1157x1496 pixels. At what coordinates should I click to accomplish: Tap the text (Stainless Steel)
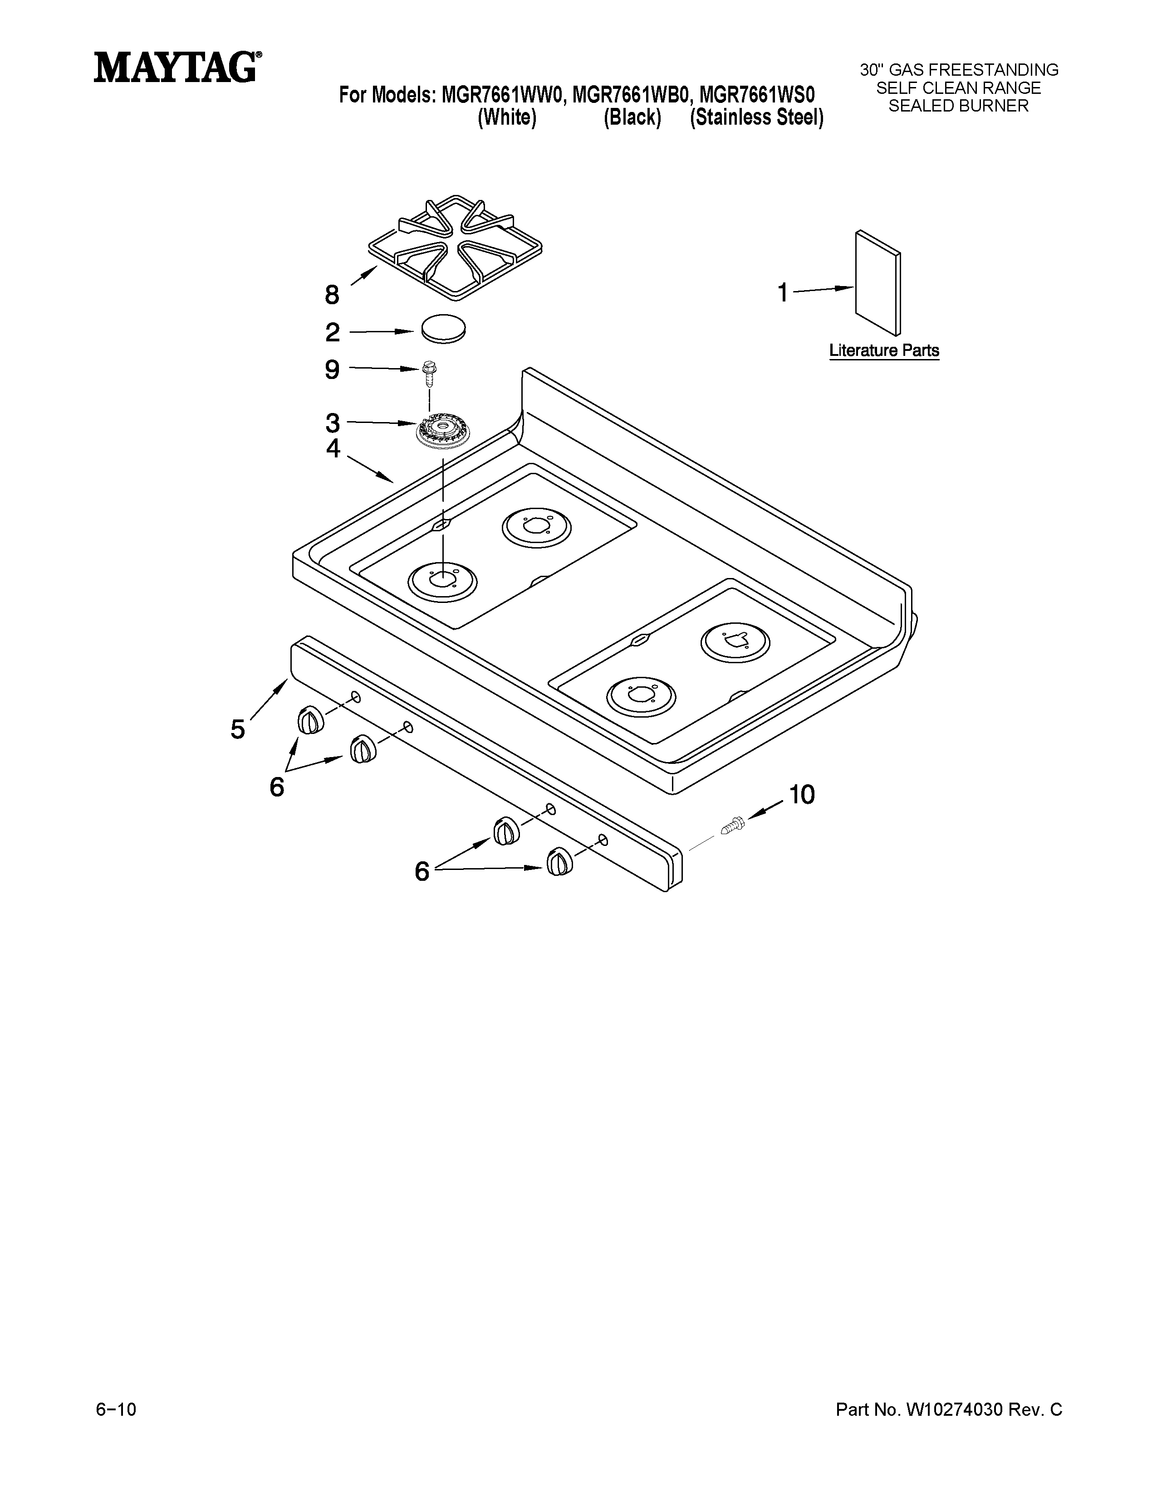[756, 118]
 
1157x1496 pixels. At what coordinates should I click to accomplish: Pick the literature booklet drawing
[878, 283]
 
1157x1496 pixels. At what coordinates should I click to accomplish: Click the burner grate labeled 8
[455, 247]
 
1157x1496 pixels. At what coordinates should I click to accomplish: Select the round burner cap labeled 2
[443, 328]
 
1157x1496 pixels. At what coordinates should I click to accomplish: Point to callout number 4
[333, 449]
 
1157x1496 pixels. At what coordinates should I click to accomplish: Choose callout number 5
[237, 729]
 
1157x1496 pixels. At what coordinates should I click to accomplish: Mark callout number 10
[801, 795]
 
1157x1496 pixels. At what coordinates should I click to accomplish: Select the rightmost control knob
[559, 861]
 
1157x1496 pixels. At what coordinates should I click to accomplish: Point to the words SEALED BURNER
[958, 106]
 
